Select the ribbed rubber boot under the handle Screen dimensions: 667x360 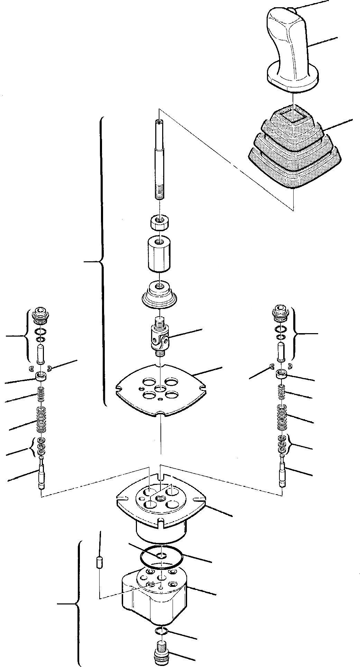tap(294, 156)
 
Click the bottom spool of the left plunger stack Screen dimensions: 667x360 tap(41, 473)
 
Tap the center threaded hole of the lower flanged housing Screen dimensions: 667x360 tap(161, 498)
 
